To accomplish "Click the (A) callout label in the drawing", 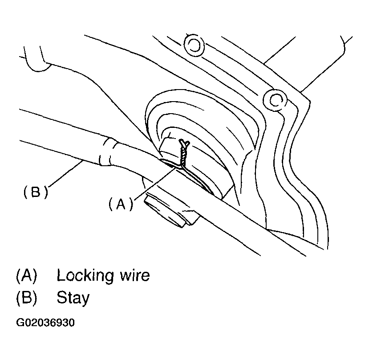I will pos(121,204).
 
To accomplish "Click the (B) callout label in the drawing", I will pos(35,192).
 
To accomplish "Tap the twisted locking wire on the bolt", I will pos(183,154).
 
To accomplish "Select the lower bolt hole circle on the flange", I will pos(272,98).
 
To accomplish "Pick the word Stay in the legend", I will pos(73,298).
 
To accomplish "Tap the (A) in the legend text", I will pos(25,276).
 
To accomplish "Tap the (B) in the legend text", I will pos(25,298).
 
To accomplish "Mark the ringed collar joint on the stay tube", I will pos(108,152).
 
